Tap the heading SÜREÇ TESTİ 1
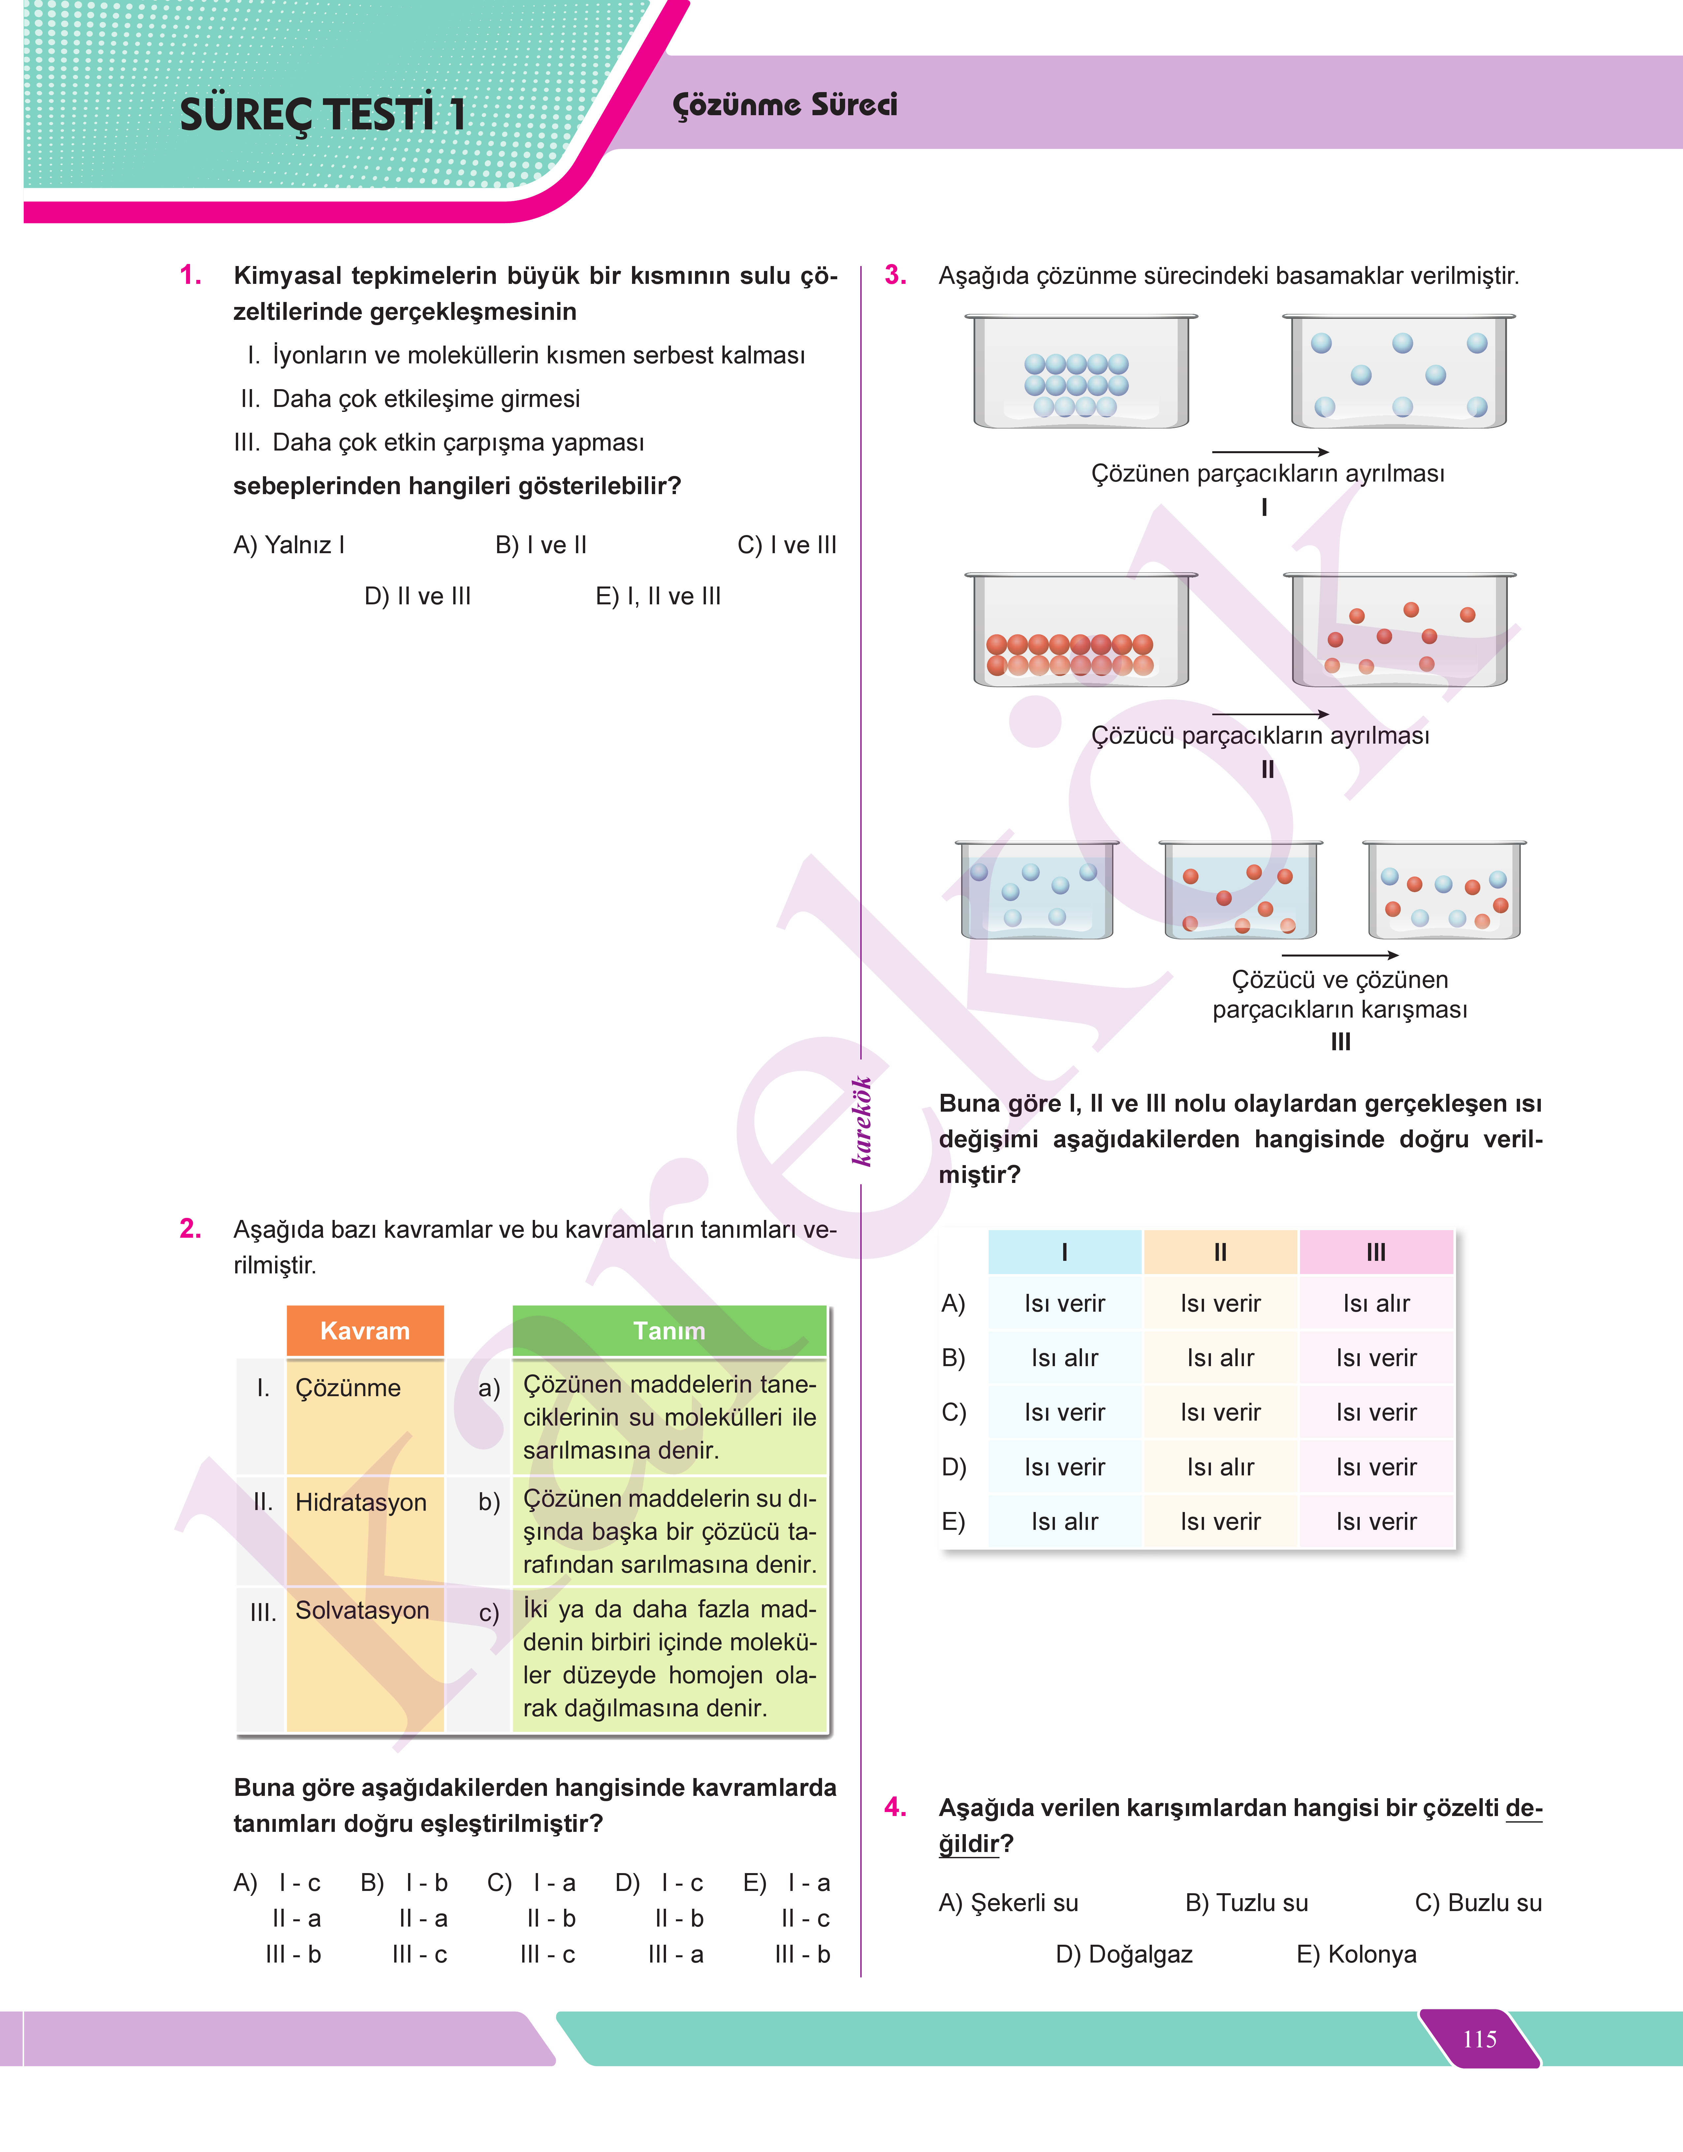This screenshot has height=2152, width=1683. (322, 114)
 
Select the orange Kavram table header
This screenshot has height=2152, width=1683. (365, 1331)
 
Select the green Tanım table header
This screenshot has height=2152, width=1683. (669, 1331)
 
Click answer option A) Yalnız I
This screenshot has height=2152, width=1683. (289, 545)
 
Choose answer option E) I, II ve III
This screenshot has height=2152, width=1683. (658, 596)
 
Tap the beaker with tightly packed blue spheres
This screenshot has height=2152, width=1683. (1081, 373)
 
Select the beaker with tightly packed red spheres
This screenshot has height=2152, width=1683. (1081, 631)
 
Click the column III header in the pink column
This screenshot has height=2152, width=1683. (1376, 1252)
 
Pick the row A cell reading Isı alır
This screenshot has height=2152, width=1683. (1376, 1303)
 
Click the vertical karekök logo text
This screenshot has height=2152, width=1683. (862, 1121)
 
